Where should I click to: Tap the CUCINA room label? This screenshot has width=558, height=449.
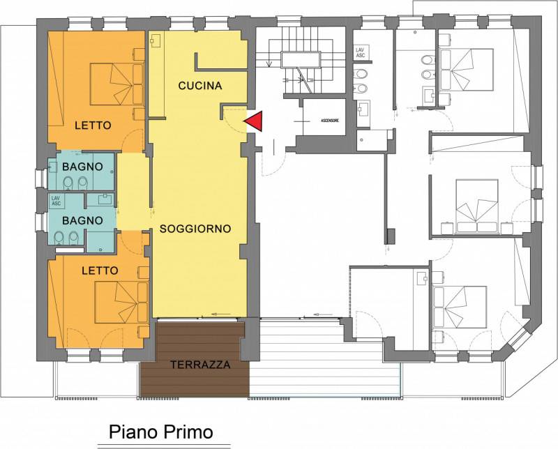tap(199, 86)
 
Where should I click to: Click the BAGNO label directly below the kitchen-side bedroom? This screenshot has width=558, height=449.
tap(83, 167)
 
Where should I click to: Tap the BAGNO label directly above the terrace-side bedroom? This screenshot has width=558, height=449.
tap(83, 220)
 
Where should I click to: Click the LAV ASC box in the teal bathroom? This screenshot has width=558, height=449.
tap(56, 200)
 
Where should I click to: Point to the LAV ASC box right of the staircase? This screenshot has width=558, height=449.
tap(361, 54)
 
